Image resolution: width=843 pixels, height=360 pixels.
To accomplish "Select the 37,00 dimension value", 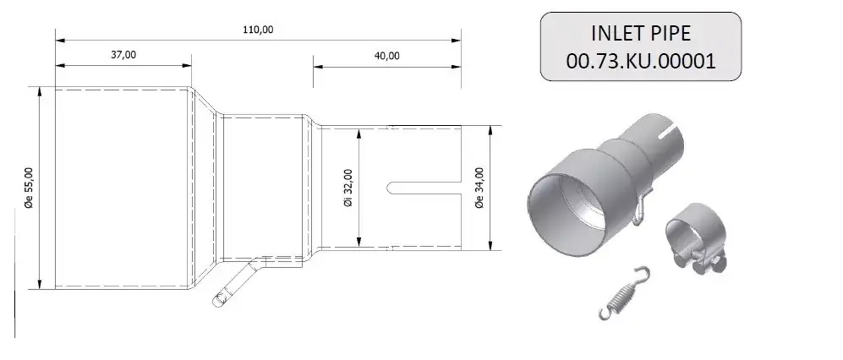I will (x=123, y=55).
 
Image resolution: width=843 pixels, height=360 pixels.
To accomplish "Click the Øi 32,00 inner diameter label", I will (x=348, y=188).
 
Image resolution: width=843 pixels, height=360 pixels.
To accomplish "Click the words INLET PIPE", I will (x=643, y=34).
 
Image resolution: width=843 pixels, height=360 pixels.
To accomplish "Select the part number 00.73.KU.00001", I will (x=643, y=61).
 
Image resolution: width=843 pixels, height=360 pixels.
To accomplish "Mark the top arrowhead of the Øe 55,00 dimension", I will (x=39, y=90).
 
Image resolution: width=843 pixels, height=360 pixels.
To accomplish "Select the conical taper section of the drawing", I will (x=206, y=186).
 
